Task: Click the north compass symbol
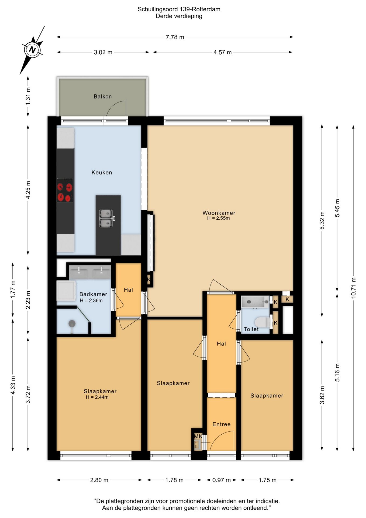32,50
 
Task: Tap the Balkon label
102,96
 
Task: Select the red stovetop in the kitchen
65,190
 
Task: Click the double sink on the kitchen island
106,219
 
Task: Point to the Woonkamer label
219,213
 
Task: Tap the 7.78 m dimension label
175,37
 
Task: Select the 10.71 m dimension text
353,288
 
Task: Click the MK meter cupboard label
198,436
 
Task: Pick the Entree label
222,424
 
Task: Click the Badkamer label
93,294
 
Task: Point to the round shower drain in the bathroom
72,323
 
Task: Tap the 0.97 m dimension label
222,480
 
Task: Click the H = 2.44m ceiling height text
97,397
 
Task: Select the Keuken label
102,172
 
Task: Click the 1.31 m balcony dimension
28,96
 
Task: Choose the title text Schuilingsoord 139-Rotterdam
179,9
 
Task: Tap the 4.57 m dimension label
223,52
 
